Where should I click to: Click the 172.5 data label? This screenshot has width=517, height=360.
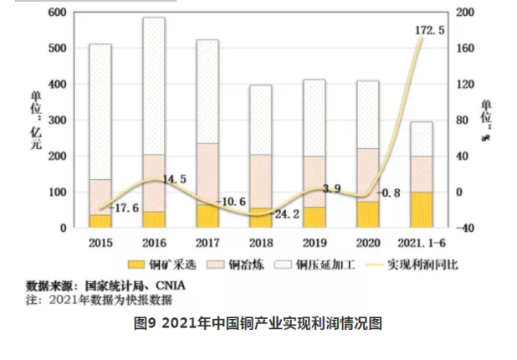point(429,30)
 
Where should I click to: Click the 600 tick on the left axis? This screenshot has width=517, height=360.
point(56,13)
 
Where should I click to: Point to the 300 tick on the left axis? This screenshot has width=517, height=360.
point(56,121)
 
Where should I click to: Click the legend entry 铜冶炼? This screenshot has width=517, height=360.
point(238,265)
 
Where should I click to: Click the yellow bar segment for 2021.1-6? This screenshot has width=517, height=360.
point(422,209)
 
